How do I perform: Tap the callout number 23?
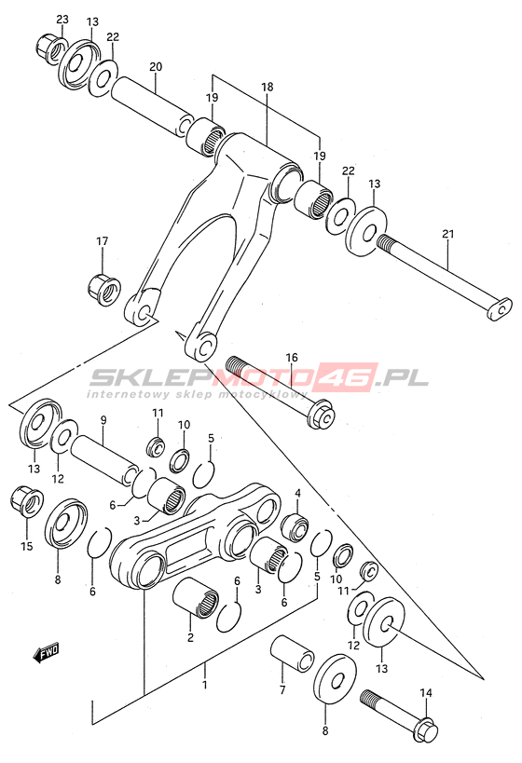(62, 20)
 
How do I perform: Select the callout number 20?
(156, 67)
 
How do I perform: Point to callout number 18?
(268, 87)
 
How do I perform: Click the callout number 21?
(448, 234)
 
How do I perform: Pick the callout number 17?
(103, 241)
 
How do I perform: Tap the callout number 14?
(426, 693)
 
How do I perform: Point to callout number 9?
(103, 418)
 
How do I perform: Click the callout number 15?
(27, 546)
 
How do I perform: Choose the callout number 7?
(282, 689)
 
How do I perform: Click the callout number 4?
(297, 494)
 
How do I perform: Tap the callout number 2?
(190, 637)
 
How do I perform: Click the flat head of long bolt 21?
(500, 308)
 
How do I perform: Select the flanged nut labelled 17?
(103, 291)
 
